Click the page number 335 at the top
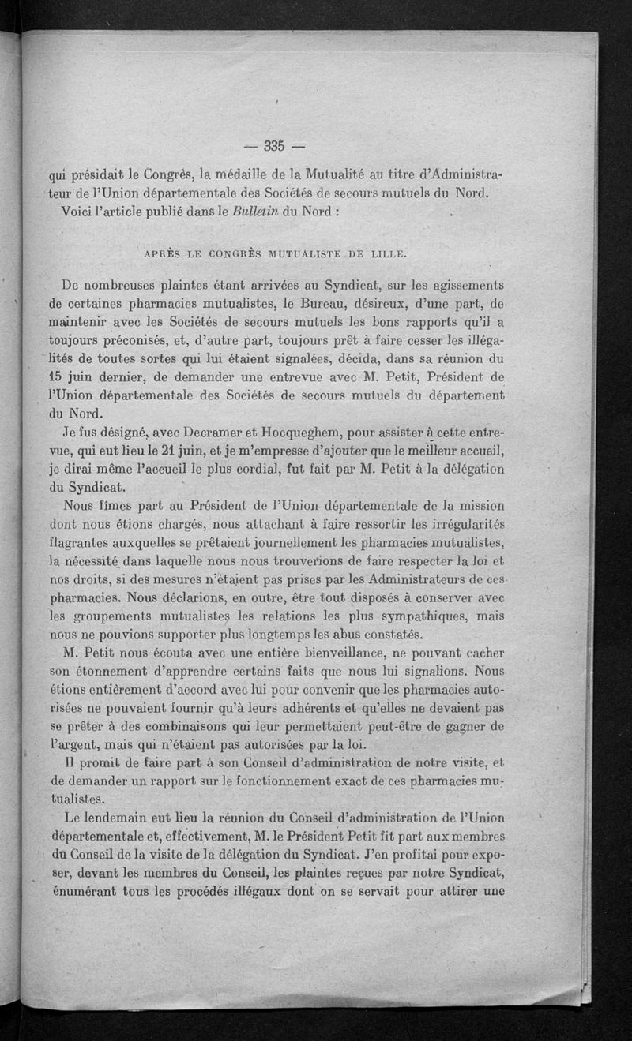coord(274,145)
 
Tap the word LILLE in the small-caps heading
coord(386,254)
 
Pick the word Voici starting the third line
coord(77,211)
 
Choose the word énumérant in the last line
coord(85,889)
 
